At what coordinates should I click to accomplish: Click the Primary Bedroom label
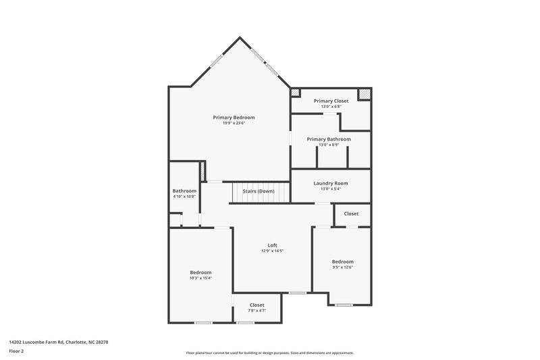[234, 117]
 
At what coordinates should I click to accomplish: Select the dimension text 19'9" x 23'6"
[234, 123]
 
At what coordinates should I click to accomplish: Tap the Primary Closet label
[331, 101]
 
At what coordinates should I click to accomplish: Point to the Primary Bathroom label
[329, 139]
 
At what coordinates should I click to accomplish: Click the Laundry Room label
[331, 183]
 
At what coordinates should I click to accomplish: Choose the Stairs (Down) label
[259, 191]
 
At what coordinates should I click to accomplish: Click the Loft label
[272, 245]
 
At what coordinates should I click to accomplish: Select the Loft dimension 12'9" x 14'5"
[272, 251]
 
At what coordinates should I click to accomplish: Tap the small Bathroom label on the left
[184, 191]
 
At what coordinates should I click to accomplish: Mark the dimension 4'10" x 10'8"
[184, 197]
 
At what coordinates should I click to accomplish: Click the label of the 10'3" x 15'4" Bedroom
[200, 272]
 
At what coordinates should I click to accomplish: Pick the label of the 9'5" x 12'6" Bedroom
[342, 261]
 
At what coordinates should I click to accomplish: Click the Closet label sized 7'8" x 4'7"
[257, 305]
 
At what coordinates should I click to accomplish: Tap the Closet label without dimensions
[352, 213]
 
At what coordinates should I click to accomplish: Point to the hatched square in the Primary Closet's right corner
[364, 94]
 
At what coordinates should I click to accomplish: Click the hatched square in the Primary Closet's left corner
[295, 93]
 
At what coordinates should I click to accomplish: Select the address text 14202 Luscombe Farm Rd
[58, 342]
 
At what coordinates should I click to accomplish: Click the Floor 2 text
[17, 351]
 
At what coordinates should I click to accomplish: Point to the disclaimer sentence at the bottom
[269, 353]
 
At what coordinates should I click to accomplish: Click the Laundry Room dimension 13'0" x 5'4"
[331, 189]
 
